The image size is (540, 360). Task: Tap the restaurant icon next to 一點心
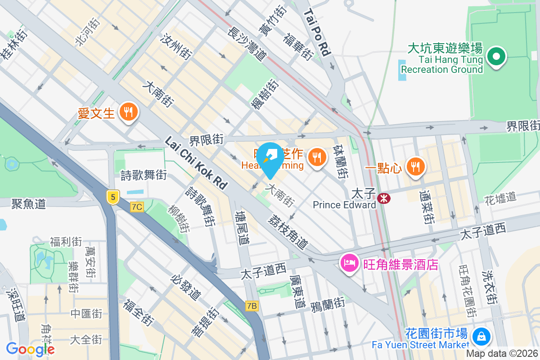(x=414, y=167)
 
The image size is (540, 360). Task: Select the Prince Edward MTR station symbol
(x=384, y=198)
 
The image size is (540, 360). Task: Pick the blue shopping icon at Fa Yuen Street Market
(x=481, y=336)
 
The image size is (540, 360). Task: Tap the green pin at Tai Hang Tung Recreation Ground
(x=496, y=57)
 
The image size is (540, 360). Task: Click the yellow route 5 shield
(x=112, y=197)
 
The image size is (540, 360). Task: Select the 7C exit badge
(x=137, y=207)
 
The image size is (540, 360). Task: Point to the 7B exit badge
(x=252, y=306)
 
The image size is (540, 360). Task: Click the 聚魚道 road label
(x=28, y=204)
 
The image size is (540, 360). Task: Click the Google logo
(x=30, y=349)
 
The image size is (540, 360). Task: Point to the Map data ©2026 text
(x=502, y=354)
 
